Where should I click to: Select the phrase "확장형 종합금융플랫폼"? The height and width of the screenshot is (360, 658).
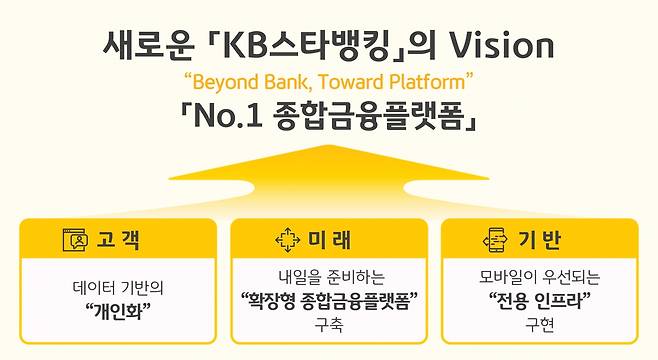tap(329, 300)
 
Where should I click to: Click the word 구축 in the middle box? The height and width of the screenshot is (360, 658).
tap(329, 324)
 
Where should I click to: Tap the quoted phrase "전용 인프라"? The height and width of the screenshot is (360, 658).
tap(540, 300)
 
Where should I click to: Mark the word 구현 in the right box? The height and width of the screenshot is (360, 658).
tap(540, 324)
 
